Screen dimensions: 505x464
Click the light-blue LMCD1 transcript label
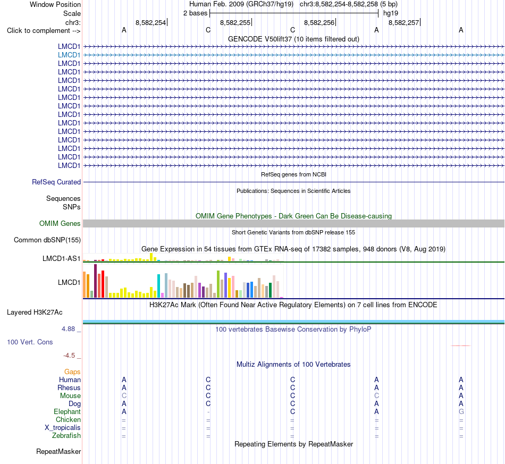pyautogui.click(x=69, y=55)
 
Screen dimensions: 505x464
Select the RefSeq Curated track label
pyautogui.click(x=56, y=182)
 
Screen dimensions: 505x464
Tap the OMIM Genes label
pyautogui.click(x=60, y=223)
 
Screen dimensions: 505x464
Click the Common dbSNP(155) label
pyautogui.click(x=47, y=240)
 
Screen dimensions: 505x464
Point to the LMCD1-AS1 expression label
pyautogui.click(x=62, y=258)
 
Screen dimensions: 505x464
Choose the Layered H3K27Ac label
pyautogui.click(x=35, y=313)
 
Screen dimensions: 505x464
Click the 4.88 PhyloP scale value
pyautogui.click(x=68, y=329)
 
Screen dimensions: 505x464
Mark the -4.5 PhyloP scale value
pyautogui.click(x=69, y=356)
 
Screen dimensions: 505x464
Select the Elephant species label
pyautogui.click(x=68, y=412)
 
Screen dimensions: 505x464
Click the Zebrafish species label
pyautogui.click(x=66, y=436)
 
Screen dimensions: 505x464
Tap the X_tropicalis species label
pyautogui.click(x=63, y=428)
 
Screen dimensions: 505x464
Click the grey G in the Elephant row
pyautogui.click(x=461, y=412)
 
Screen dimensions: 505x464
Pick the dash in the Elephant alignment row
pyautogui.click(x=208, y=412)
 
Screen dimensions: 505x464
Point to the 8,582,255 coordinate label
pyautogui.click(x=235, y=22)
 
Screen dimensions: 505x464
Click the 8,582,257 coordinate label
pyautogui.click(x=404, y=22)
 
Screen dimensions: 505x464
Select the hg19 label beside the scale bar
pyautogui.click(x=391, y=13)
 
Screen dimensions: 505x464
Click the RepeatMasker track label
pyautogui.click(x=58, y=451)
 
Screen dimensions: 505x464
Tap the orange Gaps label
pyautogui.click(x=72, y=372)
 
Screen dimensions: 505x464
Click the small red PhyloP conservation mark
pyautogui.click(x=461, y=345)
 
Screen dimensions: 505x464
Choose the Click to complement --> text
pyautogui.click(x=44, y=31)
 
